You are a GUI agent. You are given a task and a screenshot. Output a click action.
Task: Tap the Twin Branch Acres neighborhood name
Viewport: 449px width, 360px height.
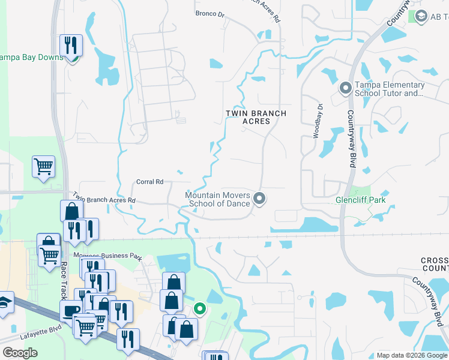(256, 117)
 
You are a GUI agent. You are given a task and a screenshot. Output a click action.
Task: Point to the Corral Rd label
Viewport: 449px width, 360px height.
(150, 181)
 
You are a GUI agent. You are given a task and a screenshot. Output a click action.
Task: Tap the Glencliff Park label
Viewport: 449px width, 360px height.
(360, 200)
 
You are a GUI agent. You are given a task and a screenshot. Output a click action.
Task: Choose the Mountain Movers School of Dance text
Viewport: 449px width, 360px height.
(217, 199)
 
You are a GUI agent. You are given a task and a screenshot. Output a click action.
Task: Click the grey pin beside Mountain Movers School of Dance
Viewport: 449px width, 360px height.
(260, 198)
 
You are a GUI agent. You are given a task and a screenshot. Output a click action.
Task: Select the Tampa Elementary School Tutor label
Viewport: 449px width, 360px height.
(388, 89)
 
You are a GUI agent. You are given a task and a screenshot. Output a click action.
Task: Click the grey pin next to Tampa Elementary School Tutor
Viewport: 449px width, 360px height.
(345, 89)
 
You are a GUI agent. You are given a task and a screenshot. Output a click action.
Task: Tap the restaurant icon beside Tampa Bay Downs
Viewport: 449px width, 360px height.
(71, 45)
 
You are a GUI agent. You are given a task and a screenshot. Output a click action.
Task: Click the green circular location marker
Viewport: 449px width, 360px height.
(200, 310)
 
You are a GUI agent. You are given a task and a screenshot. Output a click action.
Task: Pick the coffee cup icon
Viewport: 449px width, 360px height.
(71, 310)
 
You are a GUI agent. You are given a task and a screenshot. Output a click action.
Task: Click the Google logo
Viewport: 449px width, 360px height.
(20, 353)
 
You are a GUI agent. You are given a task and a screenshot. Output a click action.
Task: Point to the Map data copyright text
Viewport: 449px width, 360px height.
(412, 355)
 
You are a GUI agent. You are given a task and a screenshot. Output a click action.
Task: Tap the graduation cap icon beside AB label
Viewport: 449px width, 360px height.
(420, 16)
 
